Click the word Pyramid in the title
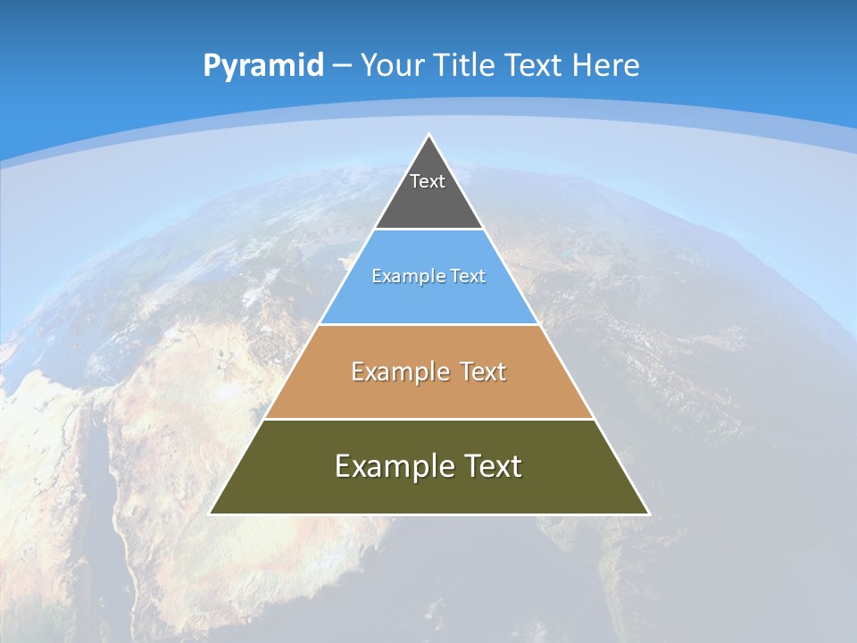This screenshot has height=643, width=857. tap(262, 66)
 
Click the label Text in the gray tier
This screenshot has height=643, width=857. tap(428, 181)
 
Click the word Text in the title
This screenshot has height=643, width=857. tap(534, 65)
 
